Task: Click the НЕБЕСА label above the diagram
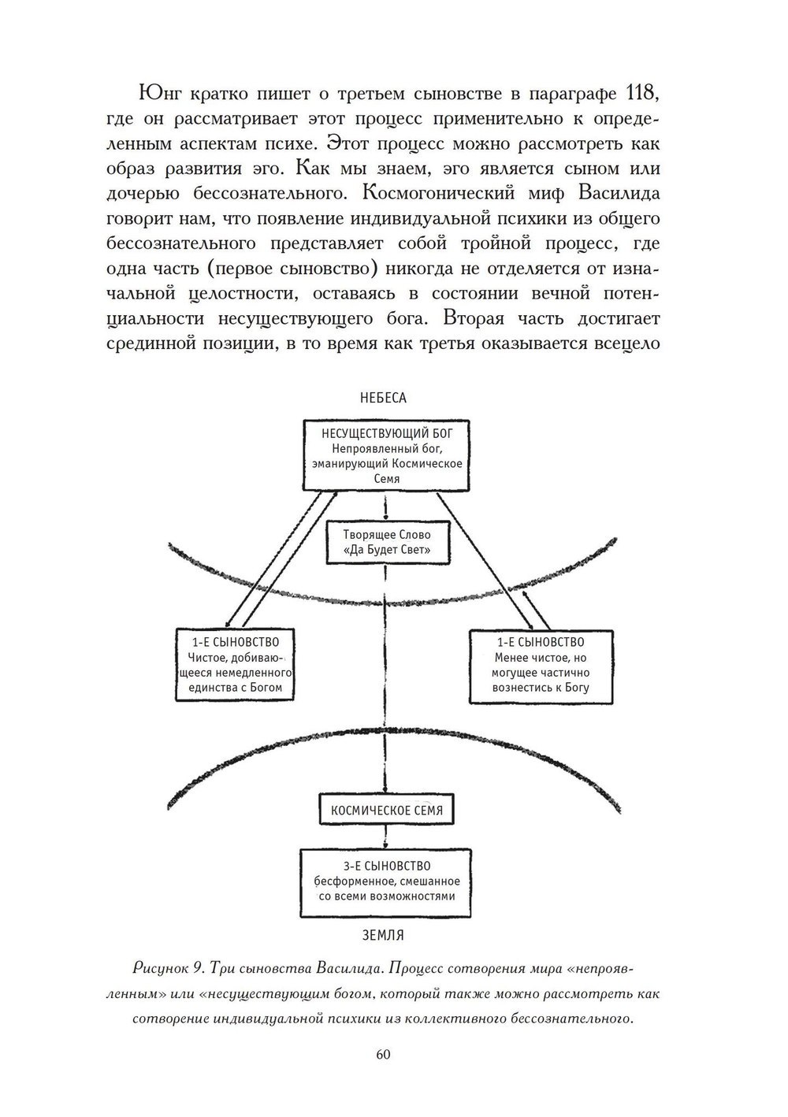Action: (383, 398)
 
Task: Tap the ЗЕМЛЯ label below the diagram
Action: (383, 935)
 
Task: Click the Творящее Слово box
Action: (387, 542)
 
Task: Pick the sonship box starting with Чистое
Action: (234, 665)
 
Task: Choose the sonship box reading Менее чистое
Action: (540, 665)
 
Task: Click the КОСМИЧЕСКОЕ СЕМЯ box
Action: (386, 810)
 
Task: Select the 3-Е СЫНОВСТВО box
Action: (386, 881)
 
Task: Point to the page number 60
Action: (384, 1054)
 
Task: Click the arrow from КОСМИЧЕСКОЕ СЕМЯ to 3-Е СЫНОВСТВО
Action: (385, 836)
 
